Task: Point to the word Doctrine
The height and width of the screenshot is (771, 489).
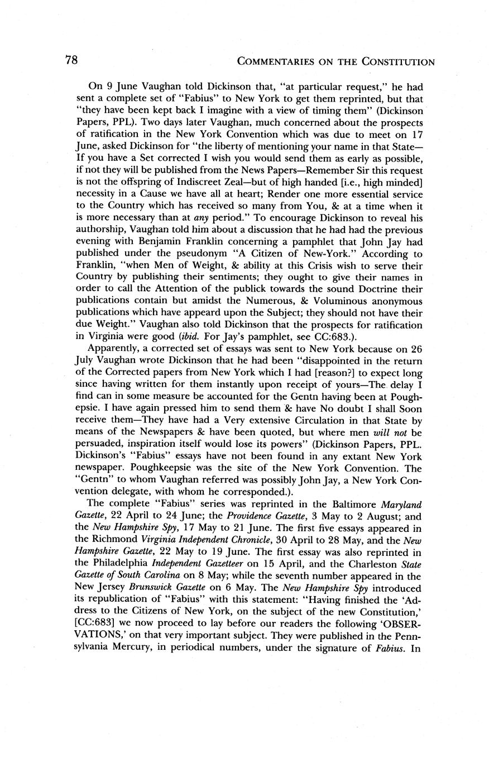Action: point(381,289)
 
